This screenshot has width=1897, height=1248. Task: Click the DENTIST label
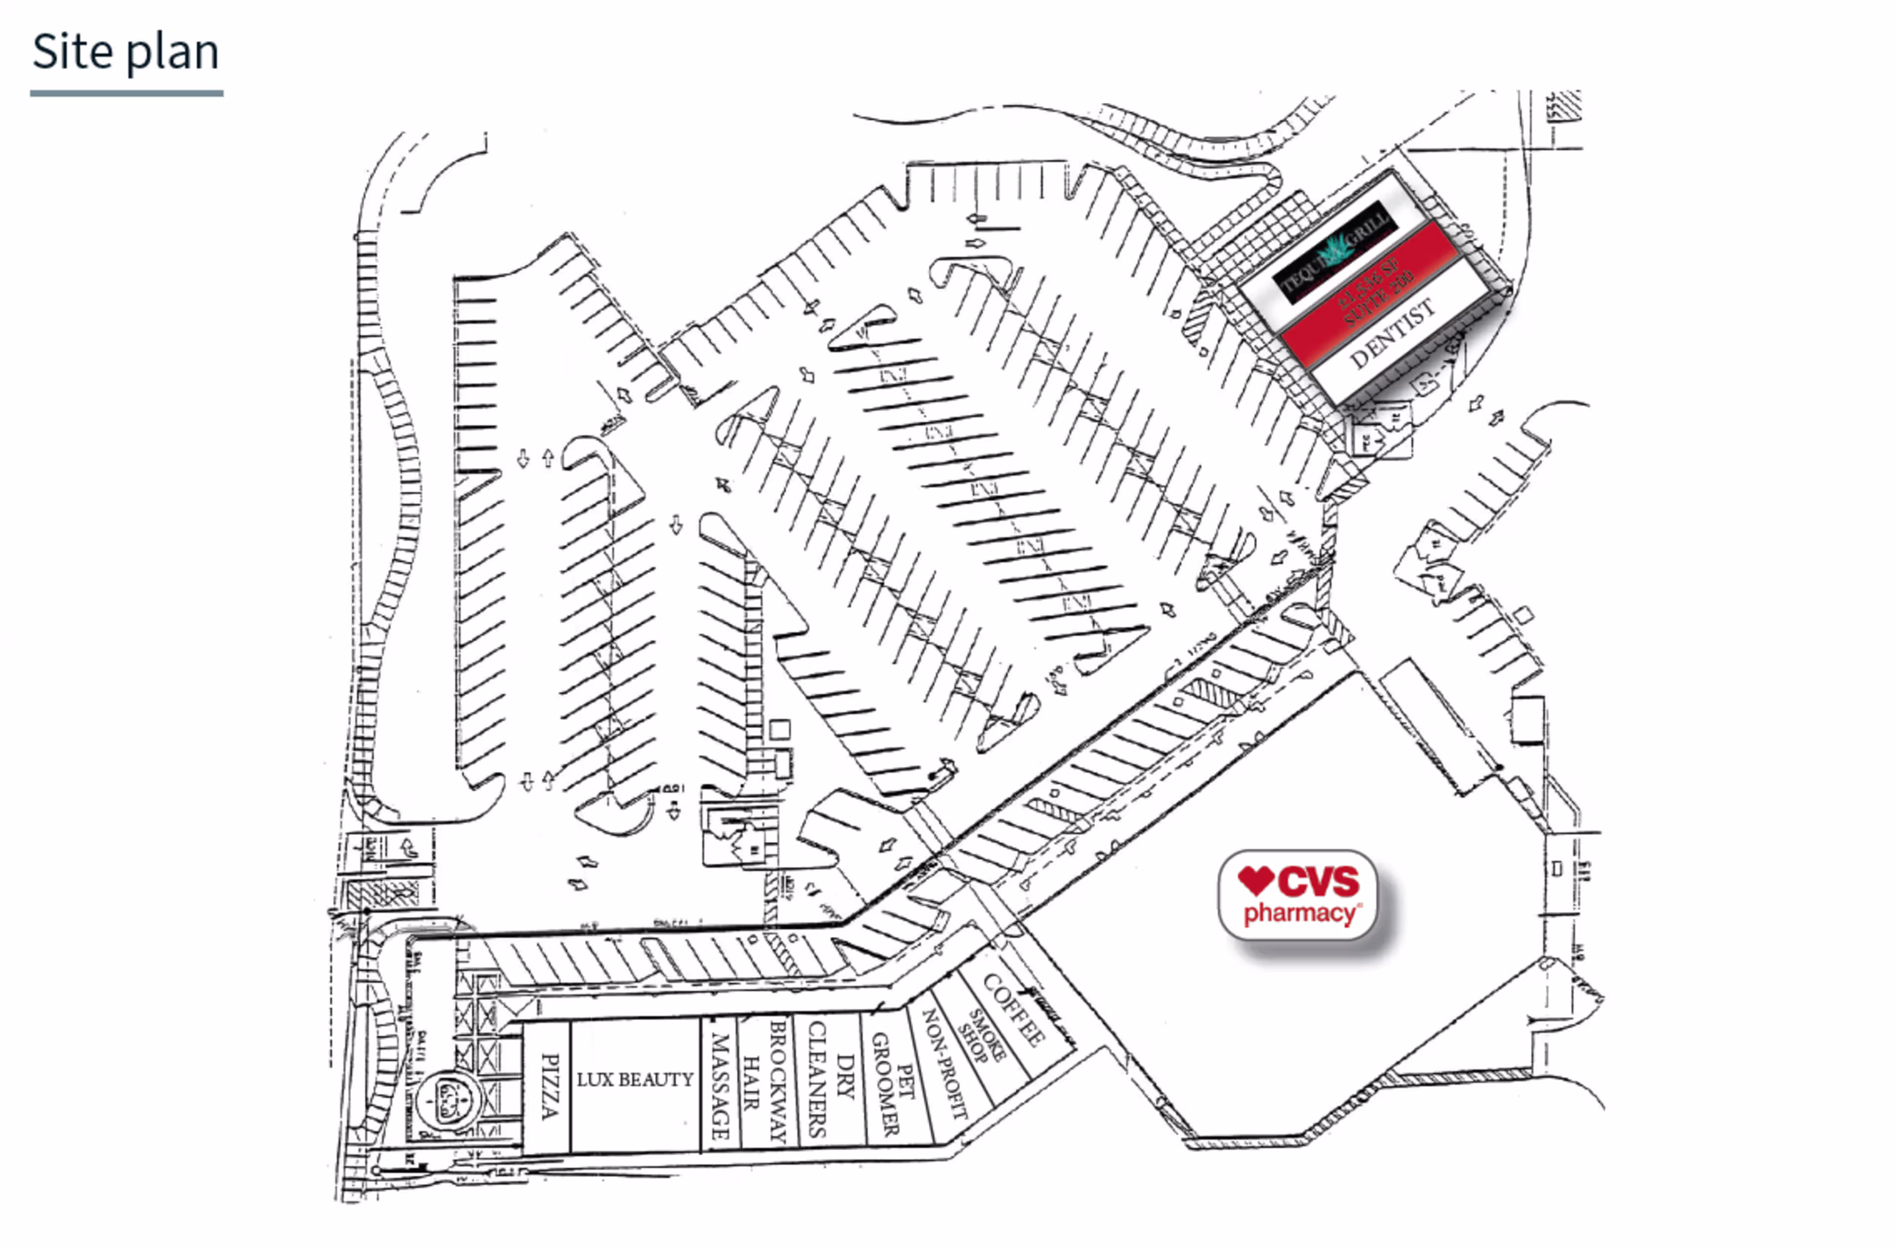pyautogui.click(x=1393, y=333)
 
